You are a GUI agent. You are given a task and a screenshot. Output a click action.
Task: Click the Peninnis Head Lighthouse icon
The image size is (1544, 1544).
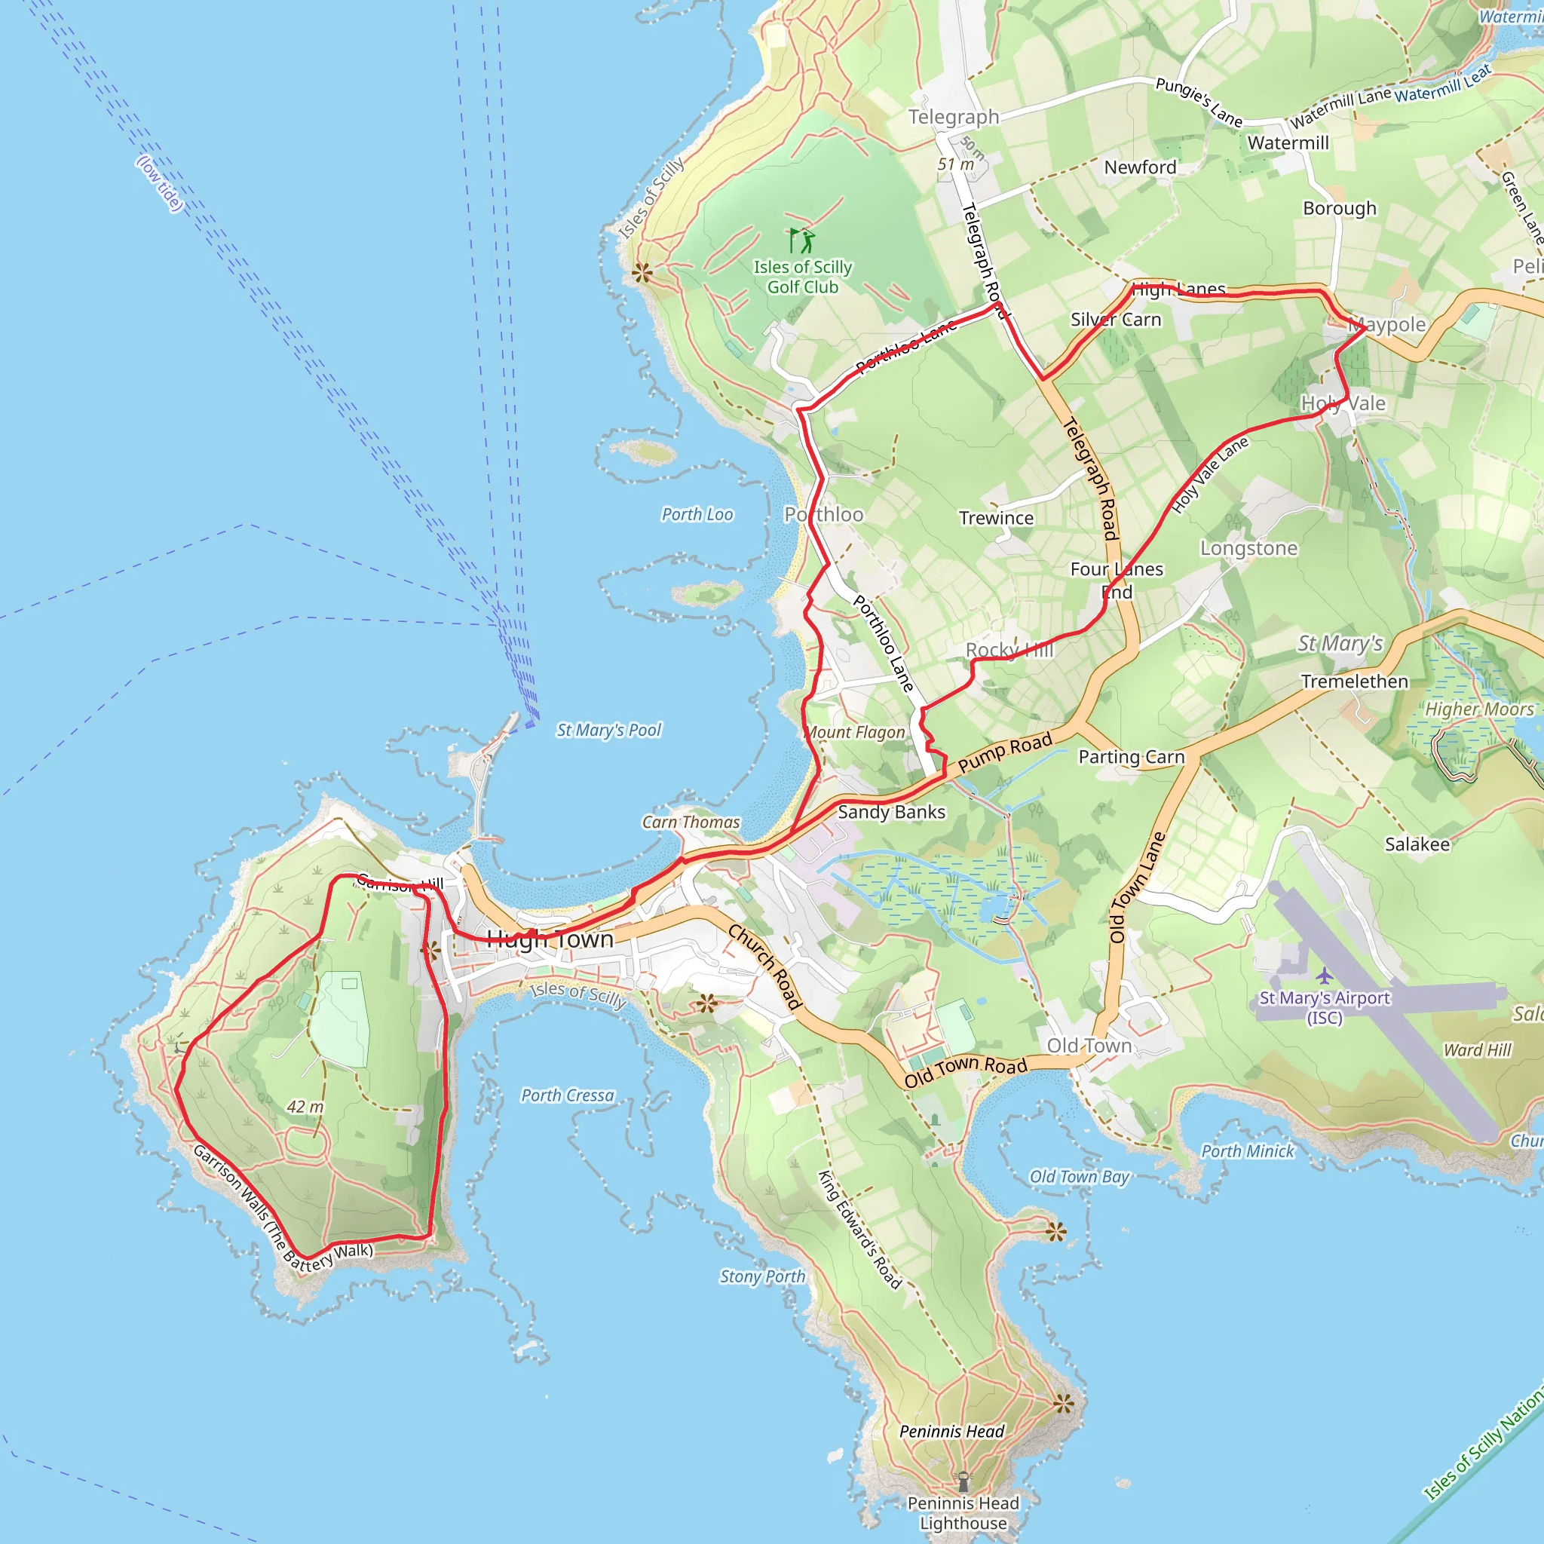pyautogui.click(x=963, y=1481)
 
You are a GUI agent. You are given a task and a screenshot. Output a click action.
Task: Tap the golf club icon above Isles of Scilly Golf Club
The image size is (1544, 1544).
pyautogui.click(x=801, y=240)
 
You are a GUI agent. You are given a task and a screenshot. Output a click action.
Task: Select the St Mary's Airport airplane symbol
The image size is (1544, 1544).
pyautogui.click(x=1324, y=976)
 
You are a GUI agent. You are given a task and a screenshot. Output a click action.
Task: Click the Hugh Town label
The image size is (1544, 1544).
pyautogui.click(x=550, y=939)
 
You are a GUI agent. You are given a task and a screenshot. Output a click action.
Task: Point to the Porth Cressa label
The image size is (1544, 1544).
pyautogui.click(x=568, y=1095)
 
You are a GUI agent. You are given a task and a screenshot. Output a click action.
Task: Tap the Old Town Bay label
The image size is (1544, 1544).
pyautogui.click(x=1079, y=1176)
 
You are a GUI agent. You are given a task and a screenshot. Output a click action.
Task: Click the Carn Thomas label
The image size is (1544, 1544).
pyautogui.click(x=691, y=823)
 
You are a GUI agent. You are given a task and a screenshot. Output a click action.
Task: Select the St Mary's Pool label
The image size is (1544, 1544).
pyautogui.click(x=608, y=730)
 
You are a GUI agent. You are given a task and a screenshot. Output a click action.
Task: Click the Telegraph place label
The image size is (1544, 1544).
pyautogui.click(x=954, y=117)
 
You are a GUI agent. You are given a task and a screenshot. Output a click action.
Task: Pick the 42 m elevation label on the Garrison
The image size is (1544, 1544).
pyautogui.click(x=305, y=1107)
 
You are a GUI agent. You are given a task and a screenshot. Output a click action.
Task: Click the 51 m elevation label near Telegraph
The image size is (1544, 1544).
pyautogui.click(x=956, y=164)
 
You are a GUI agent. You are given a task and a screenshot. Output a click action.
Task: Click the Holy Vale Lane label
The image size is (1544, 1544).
pyautogui.click(x=1209, y=475)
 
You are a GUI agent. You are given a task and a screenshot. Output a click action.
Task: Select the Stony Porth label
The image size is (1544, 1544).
pyautogui.click(x=762, y=1277)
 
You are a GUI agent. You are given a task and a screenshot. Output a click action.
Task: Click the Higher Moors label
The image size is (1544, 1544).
pyautogui.click(x=1479, y=709)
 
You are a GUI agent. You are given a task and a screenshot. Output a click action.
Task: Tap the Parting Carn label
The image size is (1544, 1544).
pyautogui.click(x=1131, y=757)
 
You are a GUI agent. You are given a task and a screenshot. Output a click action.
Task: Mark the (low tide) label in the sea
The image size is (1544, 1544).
pyautogui.click(x=160, y=184)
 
